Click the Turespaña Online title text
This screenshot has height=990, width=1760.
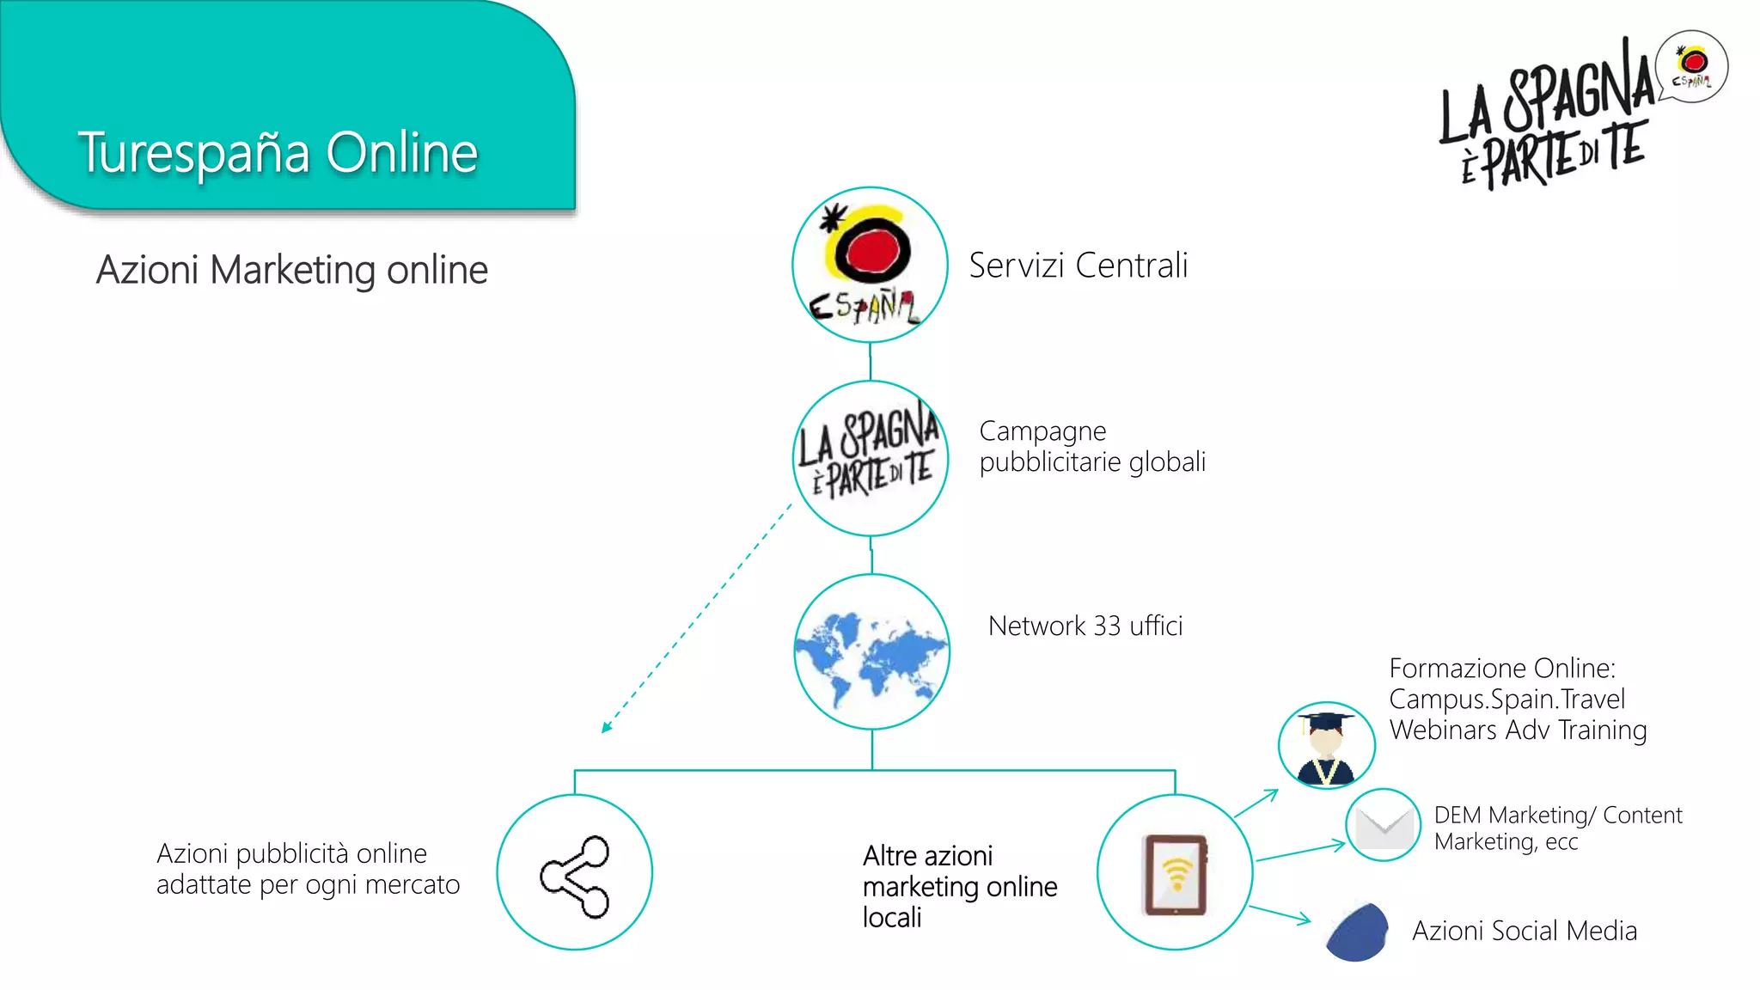point(277,153)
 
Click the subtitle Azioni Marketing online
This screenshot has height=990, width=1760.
point(291,270)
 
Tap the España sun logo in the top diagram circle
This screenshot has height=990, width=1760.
point(869,264)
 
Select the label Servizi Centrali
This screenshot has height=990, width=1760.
point(1078,266)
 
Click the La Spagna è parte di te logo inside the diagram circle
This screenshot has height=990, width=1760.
point(869,456)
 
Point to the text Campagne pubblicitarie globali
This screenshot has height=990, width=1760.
point(1091,446)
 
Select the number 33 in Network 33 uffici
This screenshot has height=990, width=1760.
point(1107,626)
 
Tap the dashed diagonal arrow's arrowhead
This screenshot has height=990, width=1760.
point(607,728)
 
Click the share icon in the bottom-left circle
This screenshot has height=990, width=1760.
point(575,875)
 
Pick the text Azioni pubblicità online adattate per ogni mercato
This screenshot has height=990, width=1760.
point(307,869)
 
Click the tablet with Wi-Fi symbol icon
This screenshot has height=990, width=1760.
point(1175,874)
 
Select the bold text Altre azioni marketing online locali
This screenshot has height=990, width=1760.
point(959,886)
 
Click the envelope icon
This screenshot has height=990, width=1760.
point(1384,826)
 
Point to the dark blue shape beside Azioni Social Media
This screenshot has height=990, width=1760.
point(1358,932)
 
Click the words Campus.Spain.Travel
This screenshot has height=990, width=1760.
point(1506,699)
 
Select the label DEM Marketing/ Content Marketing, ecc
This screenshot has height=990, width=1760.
point(1556,828)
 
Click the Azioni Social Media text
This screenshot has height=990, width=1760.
point(1524,931)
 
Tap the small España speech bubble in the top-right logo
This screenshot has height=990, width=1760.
point(1692,66)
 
